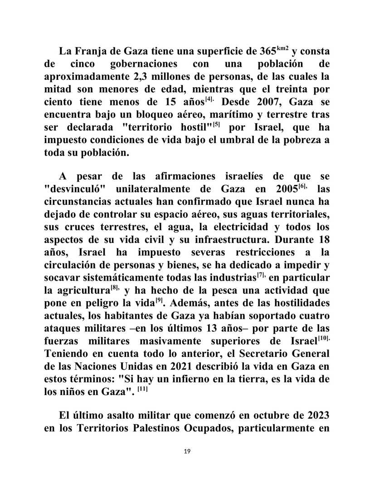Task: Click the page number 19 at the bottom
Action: point(187,450)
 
